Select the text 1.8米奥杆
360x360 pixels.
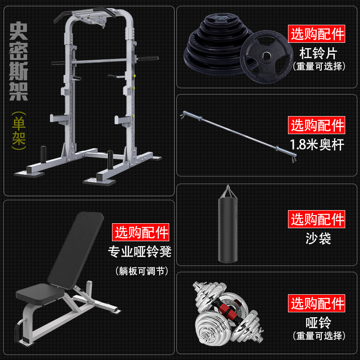tap(318, 144)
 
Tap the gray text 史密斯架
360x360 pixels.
tap(18, 61)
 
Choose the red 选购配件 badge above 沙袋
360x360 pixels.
tap(317, 220)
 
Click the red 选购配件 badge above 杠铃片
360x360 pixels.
tap(317, 34)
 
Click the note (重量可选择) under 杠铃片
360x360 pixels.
tap(319, 67)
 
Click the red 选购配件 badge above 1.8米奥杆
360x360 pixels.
tap(317, 126)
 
